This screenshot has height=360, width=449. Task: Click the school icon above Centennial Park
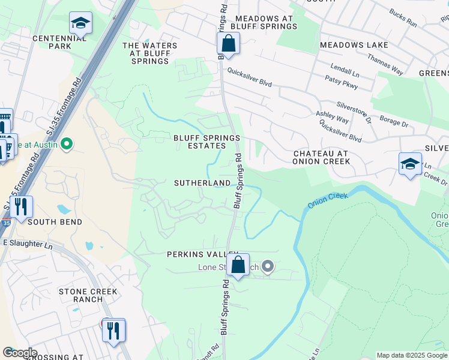pos(80,23)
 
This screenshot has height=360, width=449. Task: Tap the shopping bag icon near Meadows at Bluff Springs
pos(228,44)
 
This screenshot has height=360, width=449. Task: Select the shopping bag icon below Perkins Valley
pos(238,265)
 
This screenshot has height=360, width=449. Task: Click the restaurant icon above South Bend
pos(21,207)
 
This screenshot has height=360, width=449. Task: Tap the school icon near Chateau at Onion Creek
pos(410,164)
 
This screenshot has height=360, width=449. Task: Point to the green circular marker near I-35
pos(67,144)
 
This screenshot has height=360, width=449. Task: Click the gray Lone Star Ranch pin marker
pos(268,266)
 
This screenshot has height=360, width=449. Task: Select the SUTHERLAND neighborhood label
pos(202,182)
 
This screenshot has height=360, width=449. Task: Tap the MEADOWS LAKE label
pos(354,45)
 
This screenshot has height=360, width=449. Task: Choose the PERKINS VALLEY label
pos(198,254)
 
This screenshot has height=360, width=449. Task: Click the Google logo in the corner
pos(19,353)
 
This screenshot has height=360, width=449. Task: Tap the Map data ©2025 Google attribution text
pos(412,355)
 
